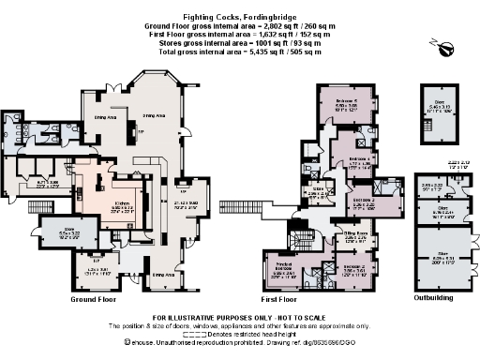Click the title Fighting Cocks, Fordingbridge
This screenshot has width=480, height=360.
(240, 7)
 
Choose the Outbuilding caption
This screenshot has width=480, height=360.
(435, 300)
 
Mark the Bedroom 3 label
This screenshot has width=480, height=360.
(365, 201)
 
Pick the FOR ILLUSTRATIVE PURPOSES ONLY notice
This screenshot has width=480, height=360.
(240, 317)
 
